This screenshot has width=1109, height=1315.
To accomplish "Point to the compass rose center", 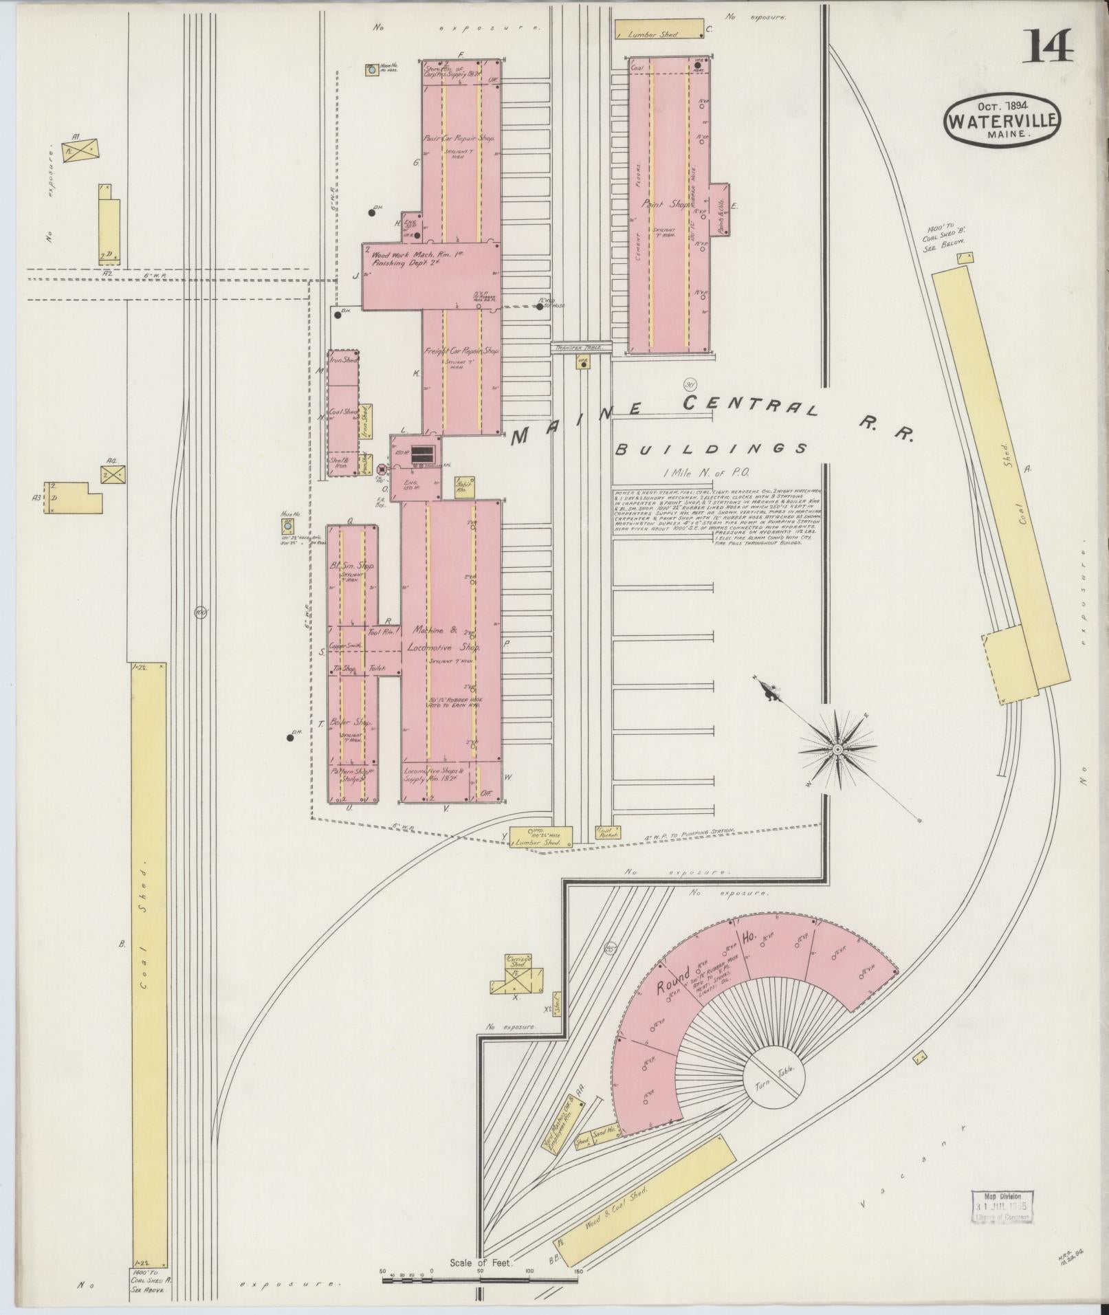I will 838,748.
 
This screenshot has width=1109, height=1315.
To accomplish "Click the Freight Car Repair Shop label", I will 461,351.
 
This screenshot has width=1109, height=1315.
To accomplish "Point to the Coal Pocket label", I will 607,832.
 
